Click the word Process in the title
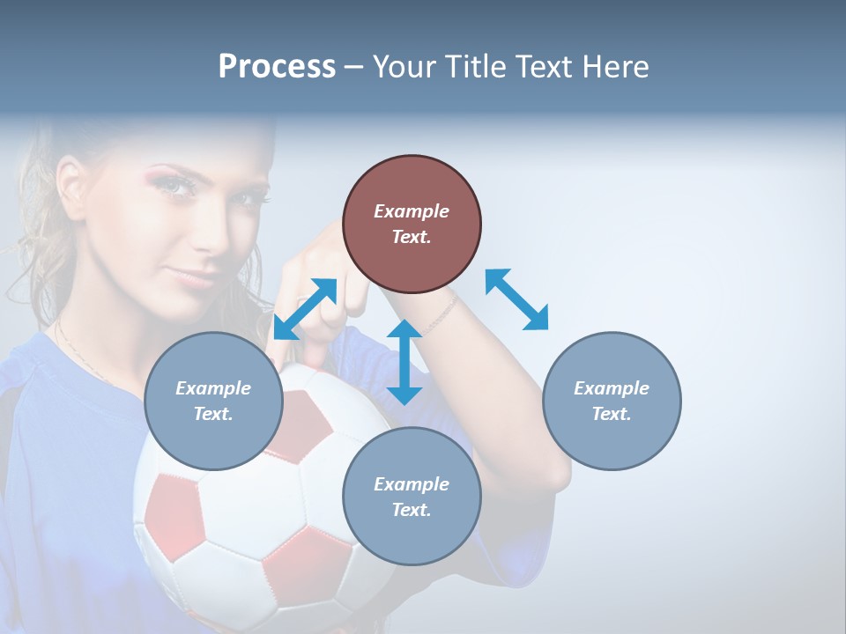[277, 67]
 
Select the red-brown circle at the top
[412, 224]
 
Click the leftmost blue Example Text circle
[213, 401]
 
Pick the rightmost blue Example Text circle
[612, 401]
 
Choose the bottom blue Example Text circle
[412, 497]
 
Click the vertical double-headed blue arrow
[404, 362]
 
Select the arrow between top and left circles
[305, 309]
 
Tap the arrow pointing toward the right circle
[516, 299]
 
